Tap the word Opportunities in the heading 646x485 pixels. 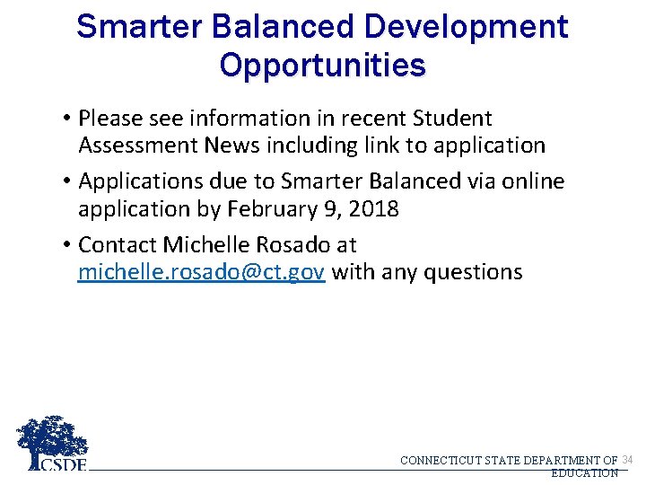(x=323, y=66)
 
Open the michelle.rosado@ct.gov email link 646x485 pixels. (x=201, y=272)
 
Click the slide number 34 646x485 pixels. (x=627, y=460)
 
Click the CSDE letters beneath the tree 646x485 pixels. (x=64, y=464)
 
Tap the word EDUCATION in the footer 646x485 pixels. (x=584, y=472)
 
